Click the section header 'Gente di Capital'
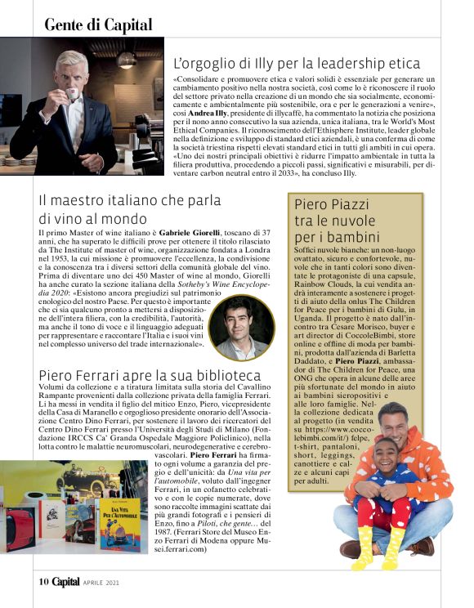point(98,24)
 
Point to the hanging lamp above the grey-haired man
point(125,58)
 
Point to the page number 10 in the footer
point(44,582)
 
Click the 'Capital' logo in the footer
point(66,582)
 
